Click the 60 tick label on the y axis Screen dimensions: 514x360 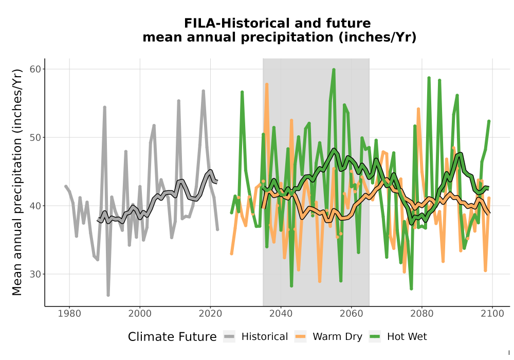click(x=35, y=69)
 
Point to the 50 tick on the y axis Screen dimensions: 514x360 click(x=35, y=137)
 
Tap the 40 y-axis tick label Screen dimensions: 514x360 click(x=35, y=206)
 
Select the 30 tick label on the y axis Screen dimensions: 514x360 click(x=35, y=274)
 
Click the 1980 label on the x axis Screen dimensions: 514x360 click(x=69, y=314)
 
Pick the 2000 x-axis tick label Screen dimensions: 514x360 click(x=140, y=314)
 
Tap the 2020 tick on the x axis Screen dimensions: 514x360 click(x=210, y=314)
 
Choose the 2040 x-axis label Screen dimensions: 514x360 click(x=281, y=314)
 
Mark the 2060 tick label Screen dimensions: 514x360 click(x=352, y=314)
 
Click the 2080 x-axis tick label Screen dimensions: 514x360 click(x=422, y=314)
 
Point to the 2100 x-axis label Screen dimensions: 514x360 click(x=492, y=314)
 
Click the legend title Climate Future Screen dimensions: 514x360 click(x=172, y=337)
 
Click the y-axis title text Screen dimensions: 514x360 click(x=17, y=182)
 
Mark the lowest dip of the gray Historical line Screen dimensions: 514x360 click(x=108, y=295)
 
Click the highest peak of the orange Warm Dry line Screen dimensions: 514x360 click(x=267, y=84)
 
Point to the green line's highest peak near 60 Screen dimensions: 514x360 click(x=334, y=70)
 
